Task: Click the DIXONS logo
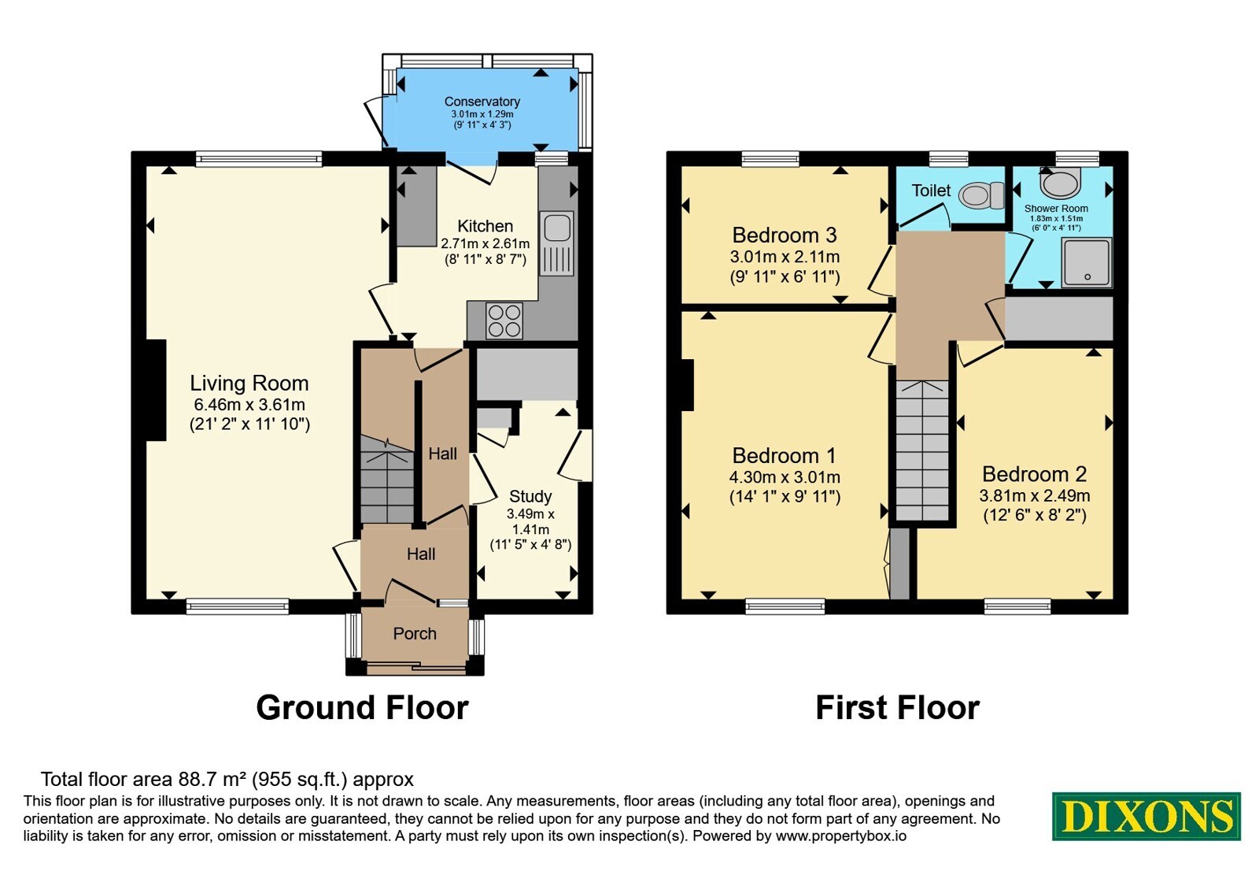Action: coord(1146,816)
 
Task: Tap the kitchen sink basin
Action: coord(557,228)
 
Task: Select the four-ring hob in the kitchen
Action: coord(504,321)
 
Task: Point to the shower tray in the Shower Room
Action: coord(1087,262)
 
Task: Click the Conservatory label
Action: coord(482,102)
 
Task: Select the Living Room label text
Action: coord(249,383)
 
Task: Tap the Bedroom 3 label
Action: coord(785,235)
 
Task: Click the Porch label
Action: coord(415,633)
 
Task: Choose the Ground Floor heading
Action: coord(362,708)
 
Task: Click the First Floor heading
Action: coord(898,708)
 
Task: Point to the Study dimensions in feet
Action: coord(530,544)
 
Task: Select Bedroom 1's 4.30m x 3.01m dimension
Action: coord(785,477)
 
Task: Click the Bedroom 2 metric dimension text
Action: coord(1035,495)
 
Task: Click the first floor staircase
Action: coord(922,450)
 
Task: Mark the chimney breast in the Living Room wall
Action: coord(157,390)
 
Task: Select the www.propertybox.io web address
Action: coord(841,836)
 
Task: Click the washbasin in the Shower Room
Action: coord(1060,182)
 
